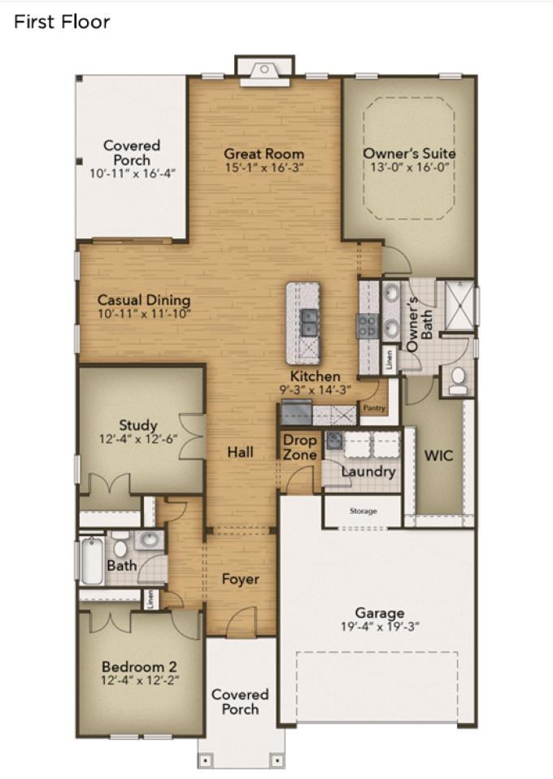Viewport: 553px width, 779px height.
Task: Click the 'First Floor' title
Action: (62, 22)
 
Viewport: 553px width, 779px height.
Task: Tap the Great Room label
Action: (263, 154)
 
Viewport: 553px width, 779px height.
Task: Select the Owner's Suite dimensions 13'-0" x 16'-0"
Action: (409, 167)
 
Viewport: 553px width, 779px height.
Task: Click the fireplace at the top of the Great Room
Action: (265, 72)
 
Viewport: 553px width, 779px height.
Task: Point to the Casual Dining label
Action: (144, 300)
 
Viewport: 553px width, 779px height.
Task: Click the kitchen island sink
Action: (309, 323)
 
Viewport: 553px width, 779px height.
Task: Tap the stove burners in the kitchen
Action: (368, 326)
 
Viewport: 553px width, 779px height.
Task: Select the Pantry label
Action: (374, 408)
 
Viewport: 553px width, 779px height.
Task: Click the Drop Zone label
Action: (299, 447)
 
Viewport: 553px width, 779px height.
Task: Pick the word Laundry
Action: (368, 472)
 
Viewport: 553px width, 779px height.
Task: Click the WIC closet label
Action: (438, 455)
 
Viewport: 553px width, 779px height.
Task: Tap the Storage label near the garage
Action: (364, 511)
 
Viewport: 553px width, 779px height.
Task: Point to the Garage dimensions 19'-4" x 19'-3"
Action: (380, 627)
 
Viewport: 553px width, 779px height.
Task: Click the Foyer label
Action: (241, 579)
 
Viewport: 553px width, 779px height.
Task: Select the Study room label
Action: (138, 425)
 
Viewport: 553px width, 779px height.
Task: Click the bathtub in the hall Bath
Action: (93, 560)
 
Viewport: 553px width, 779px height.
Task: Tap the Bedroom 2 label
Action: (139, 667)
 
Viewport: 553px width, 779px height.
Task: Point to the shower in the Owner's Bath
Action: (459, 306)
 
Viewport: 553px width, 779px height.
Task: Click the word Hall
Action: (241, 452)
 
